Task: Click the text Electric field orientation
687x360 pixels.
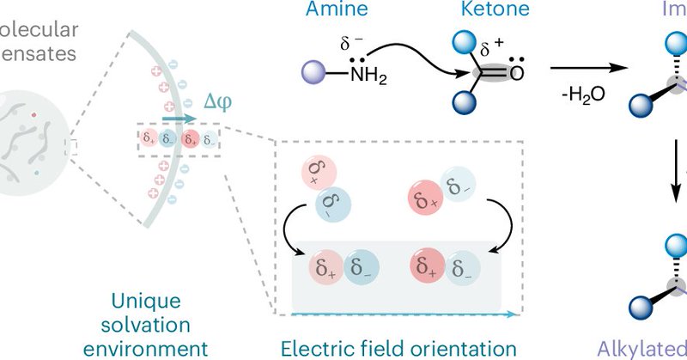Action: tap(400, 347)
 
